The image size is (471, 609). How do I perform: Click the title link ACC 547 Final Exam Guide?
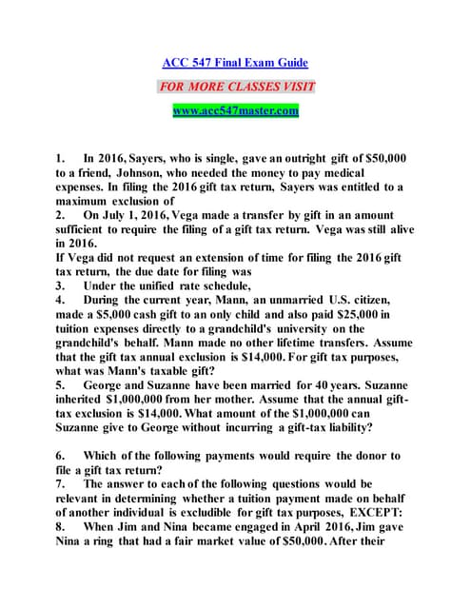pos(235,63)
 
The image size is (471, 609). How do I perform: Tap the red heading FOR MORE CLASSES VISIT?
pos(235,87)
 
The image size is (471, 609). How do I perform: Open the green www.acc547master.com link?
pos(235,110)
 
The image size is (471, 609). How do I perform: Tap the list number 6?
pos(60,456)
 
